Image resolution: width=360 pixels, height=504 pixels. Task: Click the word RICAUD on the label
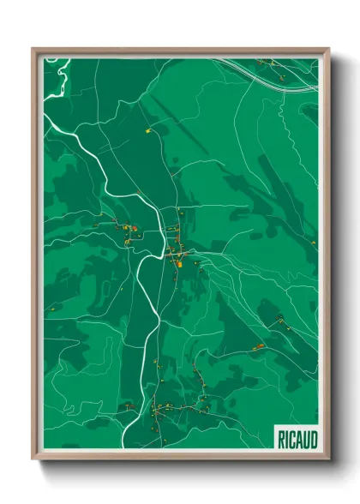click(297, 439)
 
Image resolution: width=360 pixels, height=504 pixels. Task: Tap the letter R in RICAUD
click(281, 439)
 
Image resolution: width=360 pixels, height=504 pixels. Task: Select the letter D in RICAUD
click(313, 439)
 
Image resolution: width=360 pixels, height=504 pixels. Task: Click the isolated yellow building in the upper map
click(148, 131)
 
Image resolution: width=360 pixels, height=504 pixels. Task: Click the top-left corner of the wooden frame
click(33, 49)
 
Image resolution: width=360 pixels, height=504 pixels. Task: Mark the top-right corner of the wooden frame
click(328, 49)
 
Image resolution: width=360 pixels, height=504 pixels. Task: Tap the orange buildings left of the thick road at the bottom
click(128, 406)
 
